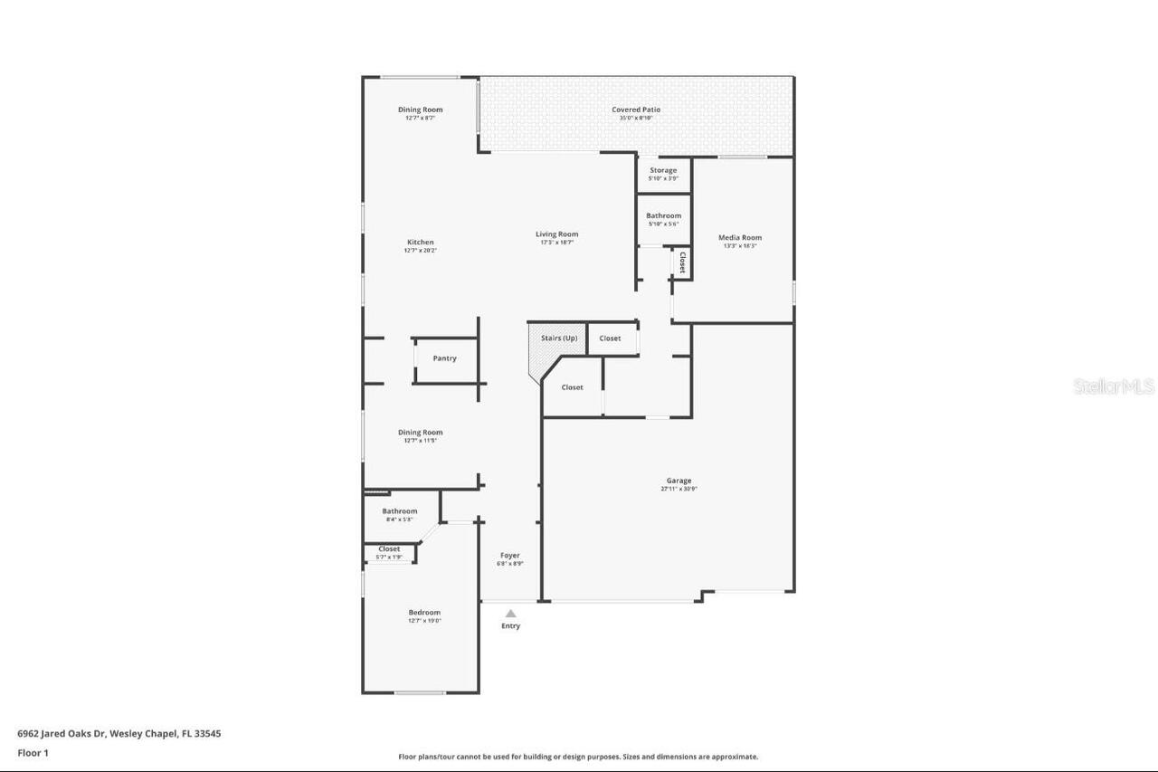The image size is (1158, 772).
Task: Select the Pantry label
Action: coord(444,358)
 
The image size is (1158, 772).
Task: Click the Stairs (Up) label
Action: coord(559,338)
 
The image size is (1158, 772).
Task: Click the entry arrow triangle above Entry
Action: coord(510,614)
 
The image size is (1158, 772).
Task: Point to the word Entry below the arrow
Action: coord(511,626)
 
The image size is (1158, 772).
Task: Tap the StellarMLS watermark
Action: coord(1114,386)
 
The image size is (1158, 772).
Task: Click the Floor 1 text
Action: coord(33,752)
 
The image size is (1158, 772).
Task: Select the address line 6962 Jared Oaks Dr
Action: coord(119,734)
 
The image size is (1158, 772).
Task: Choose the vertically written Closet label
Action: coord(682,262)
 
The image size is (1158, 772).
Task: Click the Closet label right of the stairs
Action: coord(611,338)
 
